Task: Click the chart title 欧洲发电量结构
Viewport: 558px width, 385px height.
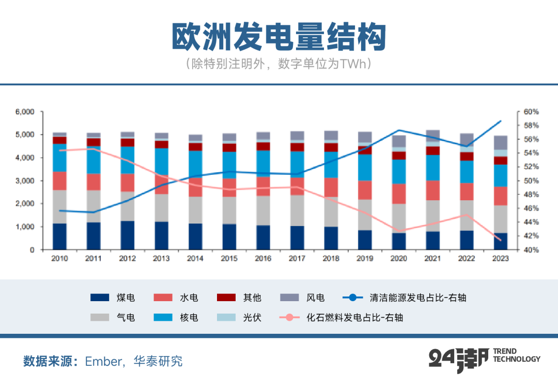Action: [279, 37]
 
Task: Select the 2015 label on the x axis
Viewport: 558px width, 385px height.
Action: [229, 258]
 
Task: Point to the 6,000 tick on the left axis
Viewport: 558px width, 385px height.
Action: [24, 112]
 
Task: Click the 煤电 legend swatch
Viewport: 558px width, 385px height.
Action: [100, 298]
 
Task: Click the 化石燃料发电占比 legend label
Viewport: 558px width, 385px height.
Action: [354, 317]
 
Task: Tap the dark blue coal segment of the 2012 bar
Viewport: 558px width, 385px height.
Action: [128, 235]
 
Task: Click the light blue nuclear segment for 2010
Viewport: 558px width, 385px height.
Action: [60, 158]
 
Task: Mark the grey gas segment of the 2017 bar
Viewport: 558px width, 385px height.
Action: [297, 210]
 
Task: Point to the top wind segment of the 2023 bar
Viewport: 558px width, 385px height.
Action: [501, 143]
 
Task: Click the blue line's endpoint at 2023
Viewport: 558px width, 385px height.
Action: [501, 121]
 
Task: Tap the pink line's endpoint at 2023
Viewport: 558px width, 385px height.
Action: [500, 240]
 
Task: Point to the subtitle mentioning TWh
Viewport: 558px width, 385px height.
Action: [279, 64]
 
